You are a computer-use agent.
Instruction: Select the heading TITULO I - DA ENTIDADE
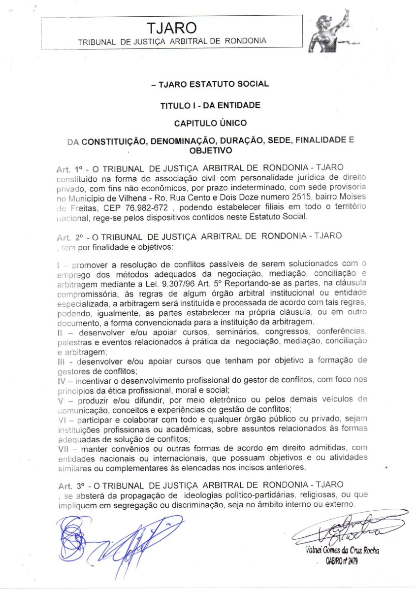coord(210,105)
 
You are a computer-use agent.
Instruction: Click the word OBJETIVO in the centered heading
coord(210,150)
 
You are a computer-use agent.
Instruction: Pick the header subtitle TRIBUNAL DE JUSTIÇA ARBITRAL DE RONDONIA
coord(172,41)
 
